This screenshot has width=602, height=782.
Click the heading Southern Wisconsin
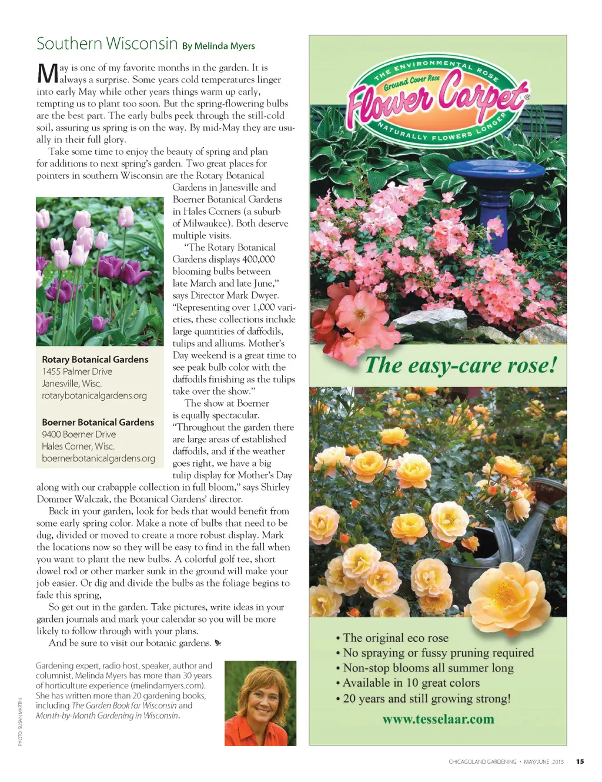pos(107,44)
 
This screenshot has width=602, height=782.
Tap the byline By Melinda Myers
pos(218,46)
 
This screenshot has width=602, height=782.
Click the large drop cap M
pos(47,74)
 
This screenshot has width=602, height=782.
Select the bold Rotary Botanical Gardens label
pos(95,360)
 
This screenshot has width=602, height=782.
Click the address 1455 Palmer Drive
pos(77,372)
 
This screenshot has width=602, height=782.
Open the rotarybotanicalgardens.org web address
pos(94,396)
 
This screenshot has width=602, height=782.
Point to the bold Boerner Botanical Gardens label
pos(98,422)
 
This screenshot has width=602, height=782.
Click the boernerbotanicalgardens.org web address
pos(98,458)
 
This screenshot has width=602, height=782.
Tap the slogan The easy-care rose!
pos(460,365)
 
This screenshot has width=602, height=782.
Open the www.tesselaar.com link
pos(438,719)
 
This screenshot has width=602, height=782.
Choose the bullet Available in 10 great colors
pos(410,683)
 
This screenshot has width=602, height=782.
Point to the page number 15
pos(580,761)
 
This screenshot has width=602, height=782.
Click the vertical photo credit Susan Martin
pos(20,722)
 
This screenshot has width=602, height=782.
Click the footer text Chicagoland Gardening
pos(482,762)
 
